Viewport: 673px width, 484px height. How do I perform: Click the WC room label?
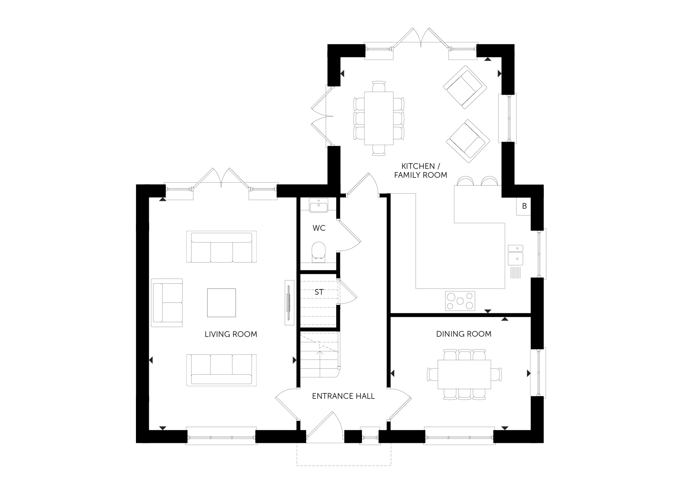pos(319,228)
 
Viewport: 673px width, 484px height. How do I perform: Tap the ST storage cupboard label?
pos(319,292)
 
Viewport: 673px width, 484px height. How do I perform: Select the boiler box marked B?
pos(524,206)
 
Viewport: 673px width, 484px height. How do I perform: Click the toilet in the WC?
pos(318,251)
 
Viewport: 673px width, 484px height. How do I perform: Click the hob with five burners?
pos(460,301)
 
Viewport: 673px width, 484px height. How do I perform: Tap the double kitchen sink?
pos(515,255)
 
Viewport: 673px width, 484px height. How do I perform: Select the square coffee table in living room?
pos(221,302)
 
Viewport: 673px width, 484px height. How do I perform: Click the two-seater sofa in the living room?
pos(167,302)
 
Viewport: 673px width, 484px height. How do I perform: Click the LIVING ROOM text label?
pos(231,334)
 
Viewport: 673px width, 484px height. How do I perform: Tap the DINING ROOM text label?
pos(464,334)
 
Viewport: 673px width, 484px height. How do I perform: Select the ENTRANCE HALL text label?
pos(343,396)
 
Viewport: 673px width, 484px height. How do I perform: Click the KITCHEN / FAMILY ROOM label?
pos(421,170)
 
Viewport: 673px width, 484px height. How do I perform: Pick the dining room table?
pos(464,374)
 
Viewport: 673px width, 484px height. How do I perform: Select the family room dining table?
pos(379,118)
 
